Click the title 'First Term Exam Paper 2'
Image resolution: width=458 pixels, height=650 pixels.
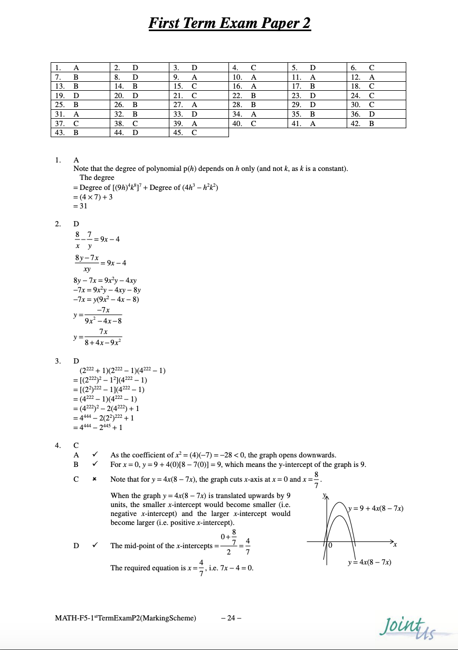(x=230, y=24)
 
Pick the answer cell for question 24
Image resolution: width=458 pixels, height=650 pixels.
(x=376, y=95)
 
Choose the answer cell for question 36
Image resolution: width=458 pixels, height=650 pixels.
(x=376, y=114)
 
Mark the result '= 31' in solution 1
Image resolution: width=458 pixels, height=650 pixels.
(x=80, y=206)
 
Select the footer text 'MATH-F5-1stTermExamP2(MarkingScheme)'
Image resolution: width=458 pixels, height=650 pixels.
(x=126, y=618)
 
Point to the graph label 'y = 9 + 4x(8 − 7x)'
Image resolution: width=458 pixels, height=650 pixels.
(x=376, y=509)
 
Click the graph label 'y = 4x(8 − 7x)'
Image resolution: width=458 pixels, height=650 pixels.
(x=369, y=562)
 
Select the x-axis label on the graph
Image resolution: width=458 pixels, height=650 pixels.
(x=395, y=544)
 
